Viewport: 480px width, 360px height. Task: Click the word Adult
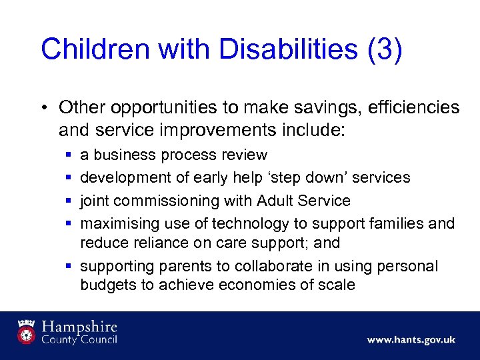point(271,200)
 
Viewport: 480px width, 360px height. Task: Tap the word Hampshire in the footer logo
point(80,327)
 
